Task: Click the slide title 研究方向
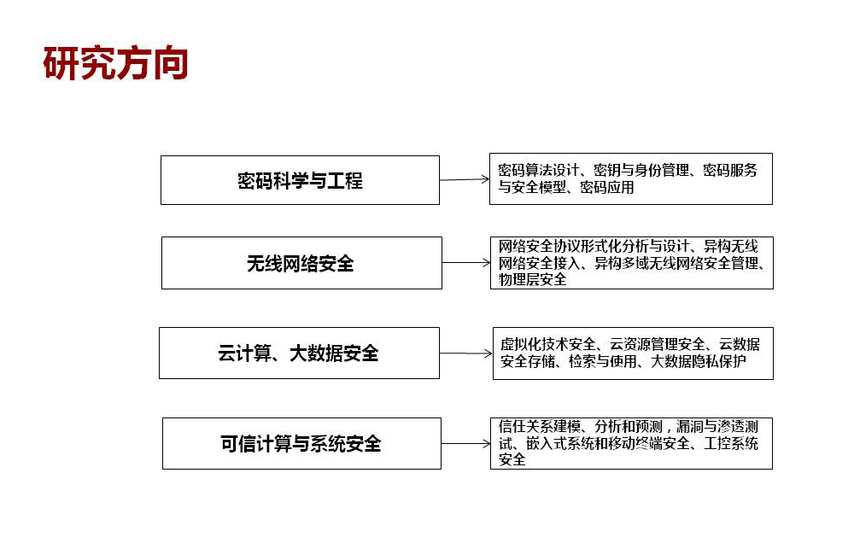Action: coord(115,64)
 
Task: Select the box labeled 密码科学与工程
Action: coord(300,180)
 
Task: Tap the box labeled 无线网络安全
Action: coord(301,263)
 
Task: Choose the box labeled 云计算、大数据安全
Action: coord(299,353)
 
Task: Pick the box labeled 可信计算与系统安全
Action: coord(301,443)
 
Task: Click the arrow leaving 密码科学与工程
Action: coord(465,179)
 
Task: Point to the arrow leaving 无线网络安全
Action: coord(466,263)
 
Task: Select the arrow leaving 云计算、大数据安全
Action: coord(466,353)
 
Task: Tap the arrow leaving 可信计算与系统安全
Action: coord(465,443)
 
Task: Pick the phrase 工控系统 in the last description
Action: coord(731,443)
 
